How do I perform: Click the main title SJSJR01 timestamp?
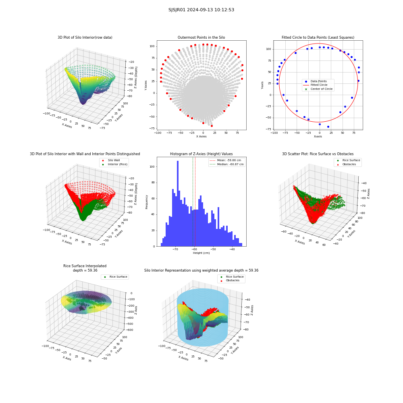tap(201, 10)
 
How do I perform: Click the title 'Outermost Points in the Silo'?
tap(201, 37)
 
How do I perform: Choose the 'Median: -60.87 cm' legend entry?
tap(227, 164)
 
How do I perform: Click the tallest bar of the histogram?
tap(178, 204)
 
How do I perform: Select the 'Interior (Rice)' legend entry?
tap(114, 164)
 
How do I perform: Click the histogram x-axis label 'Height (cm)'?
tap(201, 253)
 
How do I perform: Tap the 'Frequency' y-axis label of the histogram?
tap(147, 202)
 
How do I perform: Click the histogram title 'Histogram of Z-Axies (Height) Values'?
tap(201, 154)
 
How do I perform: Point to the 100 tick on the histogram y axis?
tap(152, 166)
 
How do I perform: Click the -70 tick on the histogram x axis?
tap(175, 249)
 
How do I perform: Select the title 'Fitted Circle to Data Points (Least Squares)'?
tap(318, 37)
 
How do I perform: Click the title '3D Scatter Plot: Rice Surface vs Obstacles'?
tap(318, 154)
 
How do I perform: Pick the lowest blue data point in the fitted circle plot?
tap(328, 127)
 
